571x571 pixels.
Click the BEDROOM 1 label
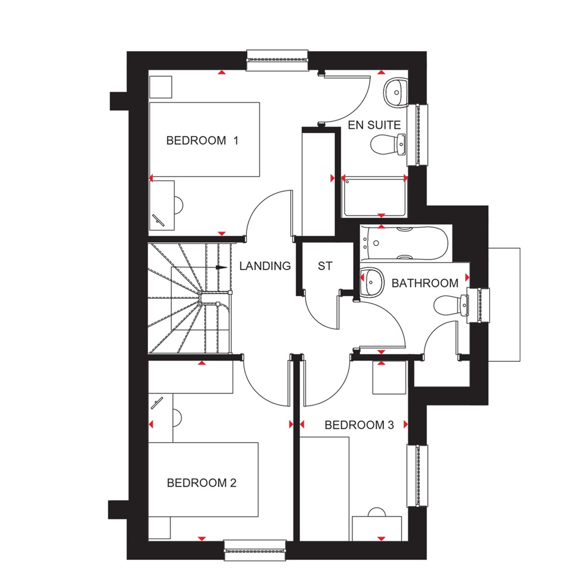[x=202, y=141]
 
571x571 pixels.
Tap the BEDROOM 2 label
[x=202, y=483]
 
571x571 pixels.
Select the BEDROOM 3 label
[x=359, y=425]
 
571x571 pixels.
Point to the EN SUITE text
[x=374, y=125]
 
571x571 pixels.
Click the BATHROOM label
[x=425, y=283]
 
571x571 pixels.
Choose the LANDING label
[x=265, y=266]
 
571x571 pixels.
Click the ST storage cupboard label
[x=325, y=266]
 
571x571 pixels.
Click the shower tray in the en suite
[x=374, y=198]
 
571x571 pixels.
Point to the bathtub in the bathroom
[x=404, y=243]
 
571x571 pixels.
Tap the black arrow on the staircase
[x=221, y=268]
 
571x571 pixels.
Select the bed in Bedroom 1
[x=205, y=139]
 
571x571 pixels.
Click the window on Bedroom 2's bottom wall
[x=255, y=550]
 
